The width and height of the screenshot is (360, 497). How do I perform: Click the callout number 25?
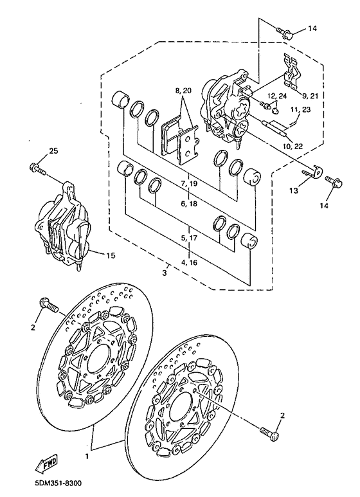[x=53, y=151]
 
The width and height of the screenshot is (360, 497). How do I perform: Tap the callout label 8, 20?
[x=183, y=91]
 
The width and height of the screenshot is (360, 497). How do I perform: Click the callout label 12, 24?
[x=280, y=96]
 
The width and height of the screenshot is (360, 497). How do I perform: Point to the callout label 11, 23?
[x=299, y=110]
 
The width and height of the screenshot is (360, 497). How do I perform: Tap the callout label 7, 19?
[x=188, y=184]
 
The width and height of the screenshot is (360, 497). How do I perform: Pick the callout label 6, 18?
[x=188, y=204]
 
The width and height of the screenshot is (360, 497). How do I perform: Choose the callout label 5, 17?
[x=188, y=238]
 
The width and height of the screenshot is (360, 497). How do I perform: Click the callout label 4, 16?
[x=188, y=262]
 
